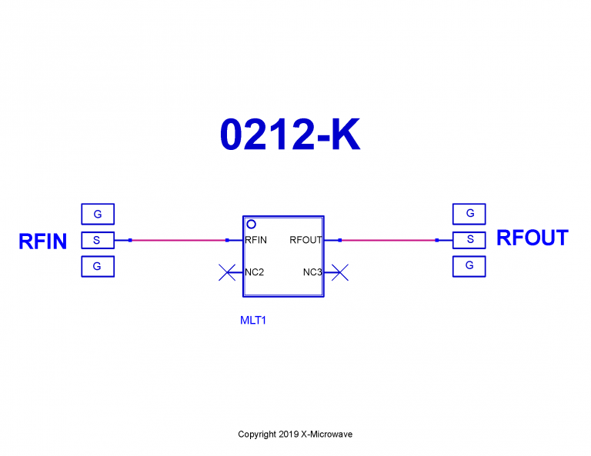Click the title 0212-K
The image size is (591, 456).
(x=289, y=135)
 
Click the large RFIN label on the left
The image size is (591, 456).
(x=42, y=241)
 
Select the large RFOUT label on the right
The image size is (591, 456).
(x=532, y=238)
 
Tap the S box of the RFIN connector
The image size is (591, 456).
(x=97, y=240)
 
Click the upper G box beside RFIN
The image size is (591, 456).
(x=97, y=214)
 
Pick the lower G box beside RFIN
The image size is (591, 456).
(x=97, y=266)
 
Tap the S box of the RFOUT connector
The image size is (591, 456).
(x=469, y=240)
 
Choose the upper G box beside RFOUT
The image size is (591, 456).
(x=469, y=214)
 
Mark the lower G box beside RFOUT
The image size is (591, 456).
(x=469, y=266)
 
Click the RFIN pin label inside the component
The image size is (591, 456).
(x=256, y=240)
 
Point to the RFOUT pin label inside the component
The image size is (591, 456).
(x=306, y=240)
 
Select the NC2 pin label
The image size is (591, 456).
(x=255, y=271)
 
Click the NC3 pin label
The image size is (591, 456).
(x=312, y=271)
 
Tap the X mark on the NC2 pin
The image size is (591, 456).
(x=228, y=271)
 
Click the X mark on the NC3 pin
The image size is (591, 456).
(x=341, y=271)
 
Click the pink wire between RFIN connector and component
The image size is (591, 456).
(x=179, y=240)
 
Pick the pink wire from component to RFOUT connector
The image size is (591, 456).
(x=388, y=240)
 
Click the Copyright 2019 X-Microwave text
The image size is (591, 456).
(x=295, y=434)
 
